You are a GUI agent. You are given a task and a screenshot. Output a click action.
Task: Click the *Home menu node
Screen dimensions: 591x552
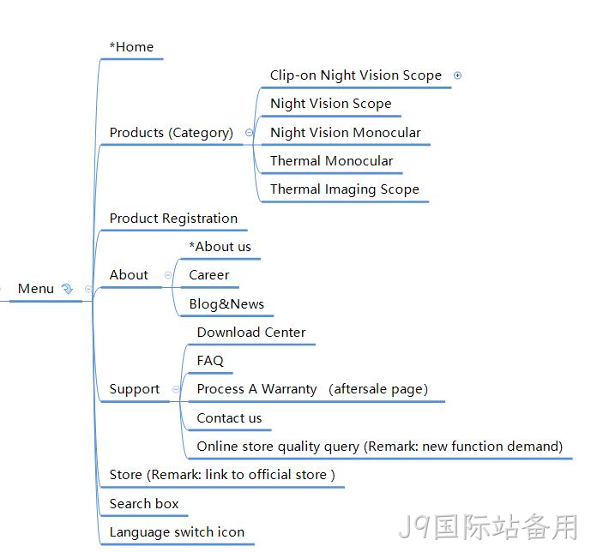coord(131,47)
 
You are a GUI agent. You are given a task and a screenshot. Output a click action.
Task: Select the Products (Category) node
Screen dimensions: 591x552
coord(172,133)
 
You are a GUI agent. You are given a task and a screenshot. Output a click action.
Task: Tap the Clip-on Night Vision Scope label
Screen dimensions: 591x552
coord(356,75)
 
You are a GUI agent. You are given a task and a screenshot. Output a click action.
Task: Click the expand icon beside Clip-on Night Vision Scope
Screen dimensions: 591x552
coord(457,75)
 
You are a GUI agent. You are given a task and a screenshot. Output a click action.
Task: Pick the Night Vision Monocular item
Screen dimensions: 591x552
coord(346,133)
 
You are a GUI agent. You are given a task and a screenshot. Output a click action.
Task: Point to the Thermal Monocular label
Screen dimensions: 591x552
coord(332,161)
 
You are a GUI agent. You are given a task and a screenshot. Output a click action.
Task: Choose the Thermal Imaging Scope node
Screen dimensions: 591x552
coord(345,189)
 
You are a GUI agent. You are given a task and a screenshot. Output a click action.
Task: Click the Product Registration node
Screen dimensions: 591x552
coord(173,219)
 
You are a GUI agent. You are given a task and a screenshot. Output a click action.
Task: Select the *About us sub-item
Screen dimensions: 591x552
coord(220,247)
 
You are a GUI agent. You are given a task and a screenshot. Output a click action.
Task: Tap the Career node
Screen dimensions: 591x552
coord(209,275)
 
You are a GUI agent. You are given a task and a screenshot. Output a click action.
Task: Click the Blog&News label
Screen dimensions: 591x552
coord(226,304)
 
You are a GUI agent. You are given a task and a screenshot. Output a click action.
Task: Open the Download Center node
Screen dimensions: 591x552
coord(251,333)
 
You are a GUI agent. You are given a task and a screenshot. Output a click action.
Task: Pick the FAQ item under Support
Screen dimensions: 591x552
coord(210,361)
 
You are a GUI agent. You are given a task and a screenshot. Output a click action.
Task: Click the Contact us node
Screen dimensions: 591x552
coord(229,418)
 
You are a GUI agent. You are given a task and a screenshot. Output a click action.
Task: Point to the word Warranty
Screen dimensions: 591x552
coord(289,389)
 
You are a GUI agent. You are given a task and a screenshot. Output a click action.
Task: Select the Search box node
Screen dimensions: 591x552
coord(144,504)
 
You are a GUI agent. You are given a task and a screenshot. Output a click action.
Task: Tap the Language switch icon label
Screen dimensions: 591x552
coord(177,532)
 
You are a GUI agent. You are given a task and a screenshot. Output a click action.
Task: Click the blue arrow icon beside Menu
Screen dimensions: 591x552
coord(67,289)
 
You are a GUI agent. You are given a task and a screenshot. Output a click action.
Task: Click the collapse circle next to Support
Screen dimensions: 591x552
coord(176,389)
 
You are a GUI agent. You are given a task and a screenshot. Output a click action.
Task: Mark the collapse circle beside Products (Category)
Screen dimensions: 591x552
coord(249,133)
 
